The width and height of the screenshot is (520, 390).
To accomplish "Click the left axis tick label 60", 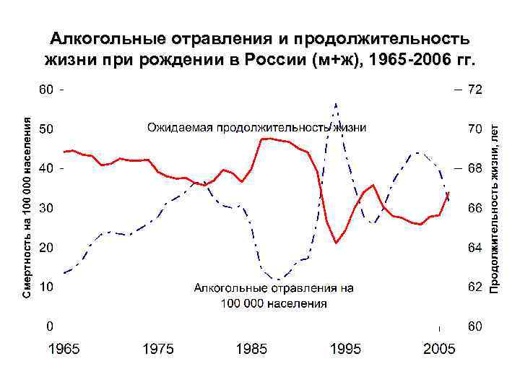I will (45, 90).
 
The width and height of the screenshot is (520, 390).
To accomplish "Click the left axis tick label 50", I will (45, 129).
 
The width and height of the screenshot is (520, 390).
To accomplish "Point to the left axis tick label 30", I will (45, 208).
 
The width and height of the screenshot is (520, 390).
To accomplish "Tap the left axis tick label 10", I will (45, 287).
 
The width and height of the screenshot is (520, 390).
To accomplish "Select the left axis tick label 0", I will (49, 326).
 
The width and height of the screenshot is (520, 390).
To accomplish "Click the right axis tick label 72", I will (474, 90).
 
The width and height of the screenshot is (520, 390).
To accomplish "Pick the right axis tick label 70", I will (474, 129).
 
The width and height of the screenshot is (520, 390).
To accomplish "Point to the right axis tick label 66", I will (474, 208).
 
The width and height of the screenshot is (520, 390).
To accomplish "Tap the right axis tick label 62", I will (474, 287).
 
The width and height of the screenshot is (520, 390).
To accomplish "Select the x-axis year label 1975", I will (157, 350).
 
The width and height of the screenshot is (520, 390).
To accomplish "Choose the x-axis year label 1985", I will (251, 350).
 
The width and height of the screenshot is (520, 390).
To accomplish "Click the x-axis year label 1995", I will (345, 350).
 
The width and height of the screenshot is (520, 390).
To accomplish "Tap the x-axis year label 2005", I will (439, 350).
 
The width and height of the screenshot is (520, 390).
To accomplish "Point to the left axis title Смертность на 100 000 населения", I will (27, 208).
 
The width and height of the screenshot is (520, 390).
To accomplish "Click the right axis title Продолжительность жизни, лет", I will (495, 208).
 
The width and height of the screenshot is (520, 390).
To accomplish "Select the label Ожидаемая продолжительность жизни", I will (256, 128).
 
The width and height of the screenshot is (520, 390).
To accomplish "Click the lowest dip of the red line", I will (337, 243).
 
